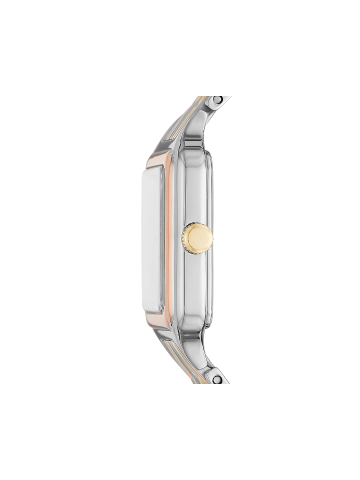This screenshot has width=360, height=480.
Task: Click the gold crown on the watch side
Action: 198,238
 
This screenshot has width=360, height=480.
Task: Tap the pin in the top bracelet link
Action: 216,100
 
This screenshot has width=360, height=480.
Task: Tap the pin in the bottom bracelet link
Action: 216,379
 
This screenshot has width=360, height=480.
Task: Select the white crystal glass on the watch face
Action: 152,240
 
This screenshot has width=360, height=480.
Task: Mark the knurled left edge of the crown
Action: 183,238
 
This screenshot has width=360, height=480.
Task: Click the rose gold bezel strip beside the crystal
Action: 168,240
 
